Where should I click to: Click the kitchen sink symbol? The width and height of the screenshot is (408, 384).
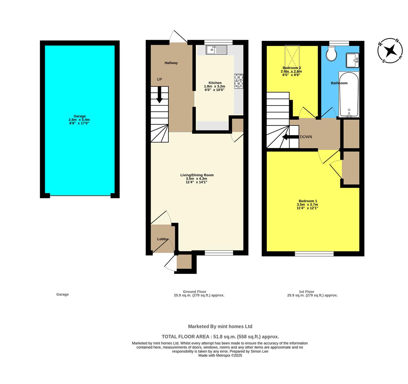[216, 50]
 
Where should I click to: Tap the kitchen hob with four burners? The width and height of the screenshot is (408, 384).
[239, 81]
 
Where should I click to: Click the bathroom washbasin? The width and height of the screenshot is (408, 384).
[352, 60]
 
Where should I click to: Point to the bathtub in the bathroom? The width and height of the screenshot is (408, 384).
[349, 94]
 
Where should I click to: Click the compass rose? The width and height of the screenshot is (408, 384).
[390, 50]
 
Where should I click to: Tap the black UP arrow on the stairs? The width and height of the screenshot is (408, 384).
[159, 95]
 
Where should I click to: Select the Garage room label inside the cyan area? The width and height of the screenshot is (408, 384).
[79, 116]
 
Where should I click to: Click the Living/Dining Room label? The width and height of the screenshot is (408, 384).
[197, 175]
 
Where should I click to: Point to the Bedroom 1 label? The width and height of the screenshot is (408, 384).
[308, 201]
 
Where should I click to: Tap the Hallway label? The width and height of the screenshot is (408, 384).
[171, 63]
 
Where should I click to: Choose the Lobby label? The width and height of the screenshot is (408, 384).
[162, 239]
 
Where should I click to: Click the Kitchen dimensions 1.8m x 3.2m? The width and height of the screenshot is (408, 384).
[214, 86]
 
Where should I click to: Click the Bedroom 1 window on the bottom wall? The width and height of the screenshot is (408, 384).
[314, 254]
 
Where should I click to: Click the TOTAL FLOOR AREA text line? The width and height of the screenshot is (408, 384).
[220, 336]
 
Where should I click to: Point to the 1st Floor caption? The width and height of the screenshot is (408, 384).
[306, 292]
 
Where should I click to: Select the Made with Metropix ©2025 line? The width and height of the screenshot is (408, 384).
[220, 355]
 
